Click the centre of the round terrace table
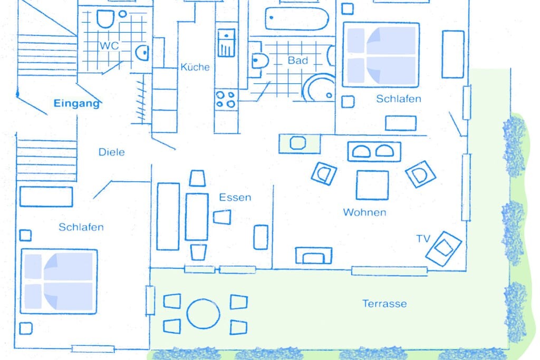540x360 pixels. [203, 314]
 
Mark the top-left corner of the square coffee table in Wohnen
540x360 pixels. [357, 171]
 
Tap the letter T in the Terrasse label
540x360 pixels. [365, 303]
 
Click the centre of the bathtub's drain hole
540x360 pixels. [272, 17]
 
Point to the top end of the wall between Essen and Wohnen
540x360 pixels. [274, 186]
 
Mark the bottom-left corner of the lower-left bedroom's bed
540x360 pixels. [21, 313]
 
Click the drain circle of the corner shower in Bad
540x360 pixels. [329, 95]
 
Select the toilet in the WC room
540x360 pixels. [105, 18]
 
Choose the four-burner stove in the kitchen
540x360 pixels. [226, 99]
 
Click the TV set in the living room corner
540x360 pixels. [443, 248]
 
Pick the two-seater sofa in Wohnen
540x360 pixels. [374, 152]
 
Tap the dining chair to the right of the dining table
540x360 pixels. [222, 217]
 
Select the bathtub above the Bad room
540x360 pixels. [297, 19]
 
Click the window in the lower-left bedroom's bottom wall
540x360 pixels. [93, 349]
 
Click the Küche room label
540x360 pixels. [195, 67]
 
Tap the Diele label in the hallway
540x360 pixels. [112, 152]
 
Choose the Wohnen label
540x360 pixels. [365, 212]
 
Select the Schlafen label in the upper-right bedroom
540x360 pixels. [399, 99]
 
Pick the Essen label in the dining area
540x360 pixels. [235, 198]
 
